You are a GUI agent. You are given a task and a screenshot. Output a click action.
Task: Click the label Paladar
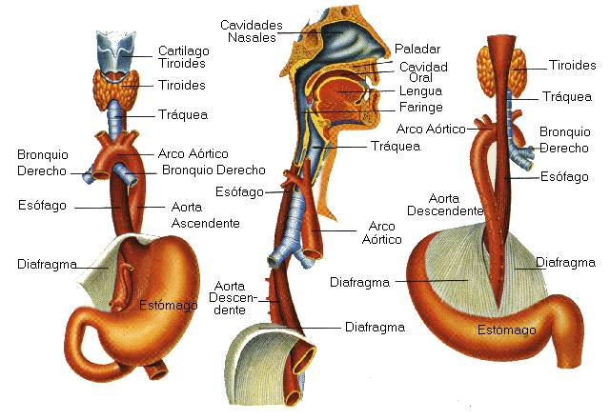click(x=414, y=49)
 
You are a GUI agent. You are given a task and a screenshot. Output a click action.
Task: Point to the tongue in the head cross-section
click(x=338, y=96)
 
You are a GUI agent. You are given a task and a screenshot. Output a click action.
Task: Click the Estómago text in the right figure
click(x=506, y=330)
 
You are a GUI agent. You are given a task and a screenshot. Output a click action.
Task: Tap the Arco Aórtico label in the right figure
click(x=431, y=129)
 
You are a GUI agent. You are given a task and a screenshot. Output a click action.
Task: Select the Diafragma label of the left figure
click(x=47, y=263)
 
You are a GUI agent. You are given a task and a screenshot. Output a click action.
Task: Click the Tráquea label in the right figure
click(x=567, y=96)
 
